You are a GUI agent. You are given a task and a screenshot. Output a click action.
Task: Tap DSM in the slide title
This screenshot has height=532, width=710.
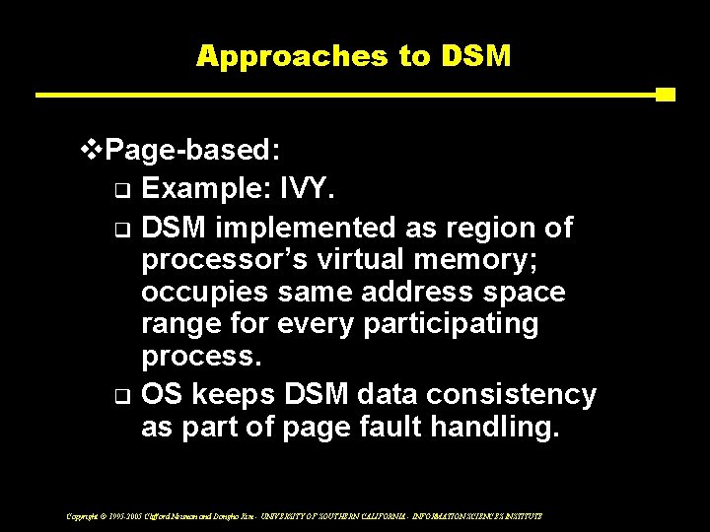coord(477,55)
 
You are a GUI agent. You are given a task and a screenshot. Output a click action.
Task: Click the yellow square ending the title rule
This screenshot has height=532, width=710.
coord(665,96)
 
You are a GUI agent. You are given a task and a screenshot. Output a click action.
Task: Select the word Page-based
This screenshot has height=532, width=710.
coord(193,151)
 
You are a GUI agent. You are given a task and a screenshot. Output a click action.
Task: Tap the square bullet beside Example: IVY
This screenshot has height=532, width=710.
coord(120,190)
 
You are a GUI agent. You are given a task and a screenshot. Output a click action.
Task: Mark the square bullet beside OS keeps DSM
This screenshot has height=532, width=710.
coord(120,397)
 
